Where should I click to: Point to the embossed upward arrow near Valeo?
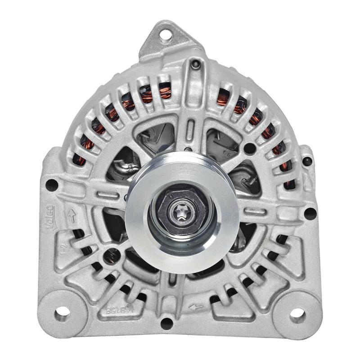[71, 216]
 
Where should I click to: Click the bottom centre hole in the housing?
[167, 321]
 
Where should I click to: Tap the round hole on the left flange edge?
[52, 184]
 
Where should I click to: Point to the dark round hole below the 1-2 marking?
[107, 258]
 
